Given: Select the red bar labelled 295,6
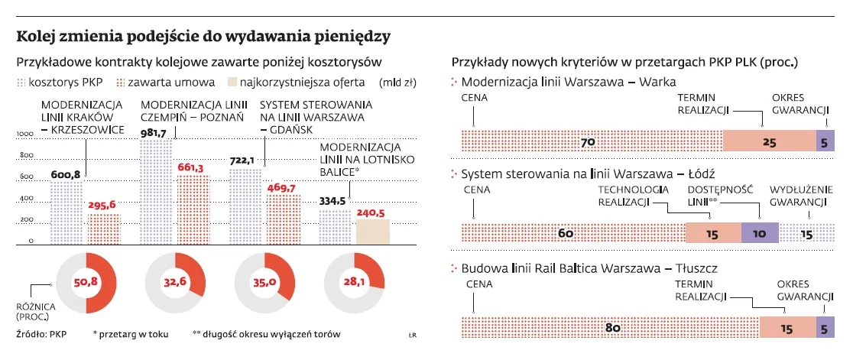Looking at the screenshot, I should click(x=105, y=229).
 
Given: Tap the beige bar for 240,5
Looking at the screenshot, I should click(x=373, y=231).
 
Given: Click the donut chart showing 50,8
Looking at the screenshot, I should click(x=86, y=281).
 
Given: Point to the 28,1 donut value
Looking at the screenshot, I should click(x=351, y=281).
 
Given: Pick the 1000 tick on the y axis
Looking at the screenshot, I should click(x=25, y=134).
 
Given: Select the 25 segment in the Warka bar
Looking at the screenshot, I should click(x=769, y=141).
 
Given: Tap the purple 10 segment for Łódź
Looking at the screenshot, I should click(x=760, y=233).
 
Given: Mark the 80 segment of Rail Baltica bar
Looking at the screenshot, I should click(x=611, y=327).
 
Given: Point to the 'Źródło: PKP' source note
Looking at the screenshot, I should click(x=41, y=334).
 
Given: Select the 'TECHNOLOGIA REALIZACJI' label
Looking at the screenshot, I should click(x=624, y=196).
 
